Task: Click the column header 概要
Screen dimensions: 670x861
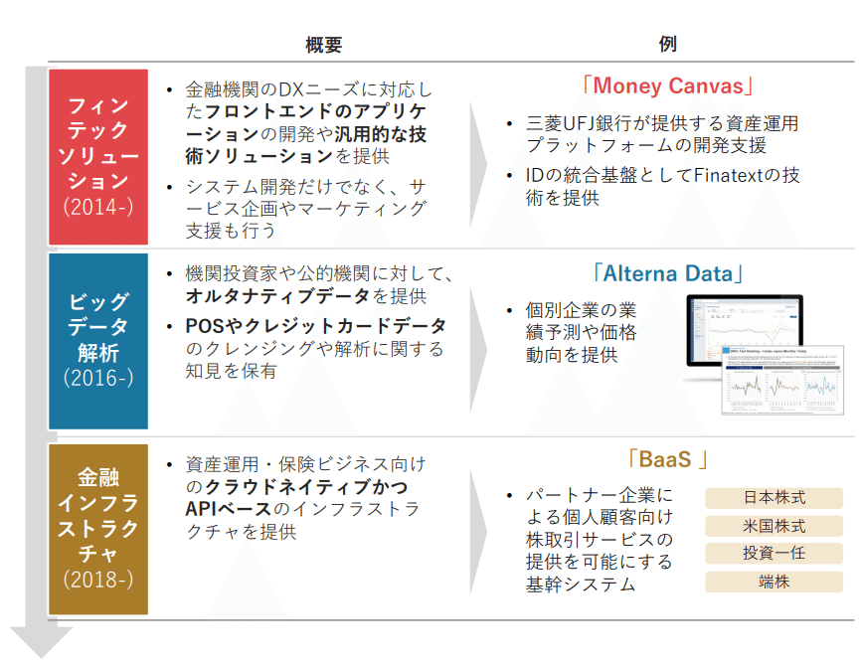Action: pos(324,45)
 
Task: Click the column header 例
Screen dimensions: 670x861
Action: pos(667,45)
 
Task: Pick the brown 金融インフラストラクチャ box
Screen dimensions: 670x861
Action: pos(98,528)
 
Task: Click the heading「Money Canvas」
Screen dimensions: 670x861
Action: pos(667,85)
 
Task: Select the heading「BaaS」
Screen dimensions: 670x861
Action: pos(667,459)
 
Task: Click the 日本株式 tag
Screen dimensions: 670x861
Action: pos(775,498)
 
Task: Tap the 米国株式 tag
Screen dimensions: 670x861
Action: pos(775,526)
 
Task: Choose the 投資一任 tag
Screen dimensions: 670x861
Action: pos(775,554)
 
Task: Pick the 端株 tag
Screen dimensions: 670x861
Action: pos(775,582)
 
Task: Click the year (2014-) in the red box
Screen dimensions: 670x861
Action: pos(97,208)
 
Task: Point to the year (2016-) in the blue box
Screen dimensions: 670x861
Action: pos(97,378)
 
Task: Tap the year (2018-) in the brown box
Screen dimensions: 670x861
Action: pos(97,579)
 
